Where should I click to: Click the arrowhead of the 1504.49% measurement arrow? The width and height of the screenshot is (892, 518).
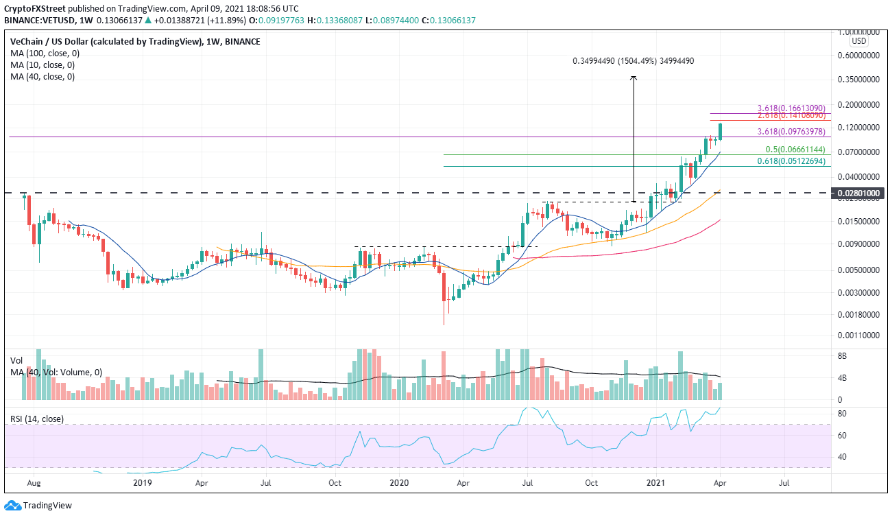(x=634, y=78)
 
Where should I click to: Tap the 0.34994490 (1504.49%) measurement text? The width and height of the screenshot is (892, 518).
(x=634, y=61)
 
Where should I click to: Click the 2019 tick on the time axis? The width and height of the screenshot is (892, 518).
(x=143, y=482)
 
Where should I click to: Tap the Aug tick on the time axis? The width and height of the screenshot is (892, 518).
(x=32, y=482)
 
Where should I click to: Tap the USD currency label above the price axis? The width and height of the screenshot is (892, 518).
(x=859, y=41)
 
